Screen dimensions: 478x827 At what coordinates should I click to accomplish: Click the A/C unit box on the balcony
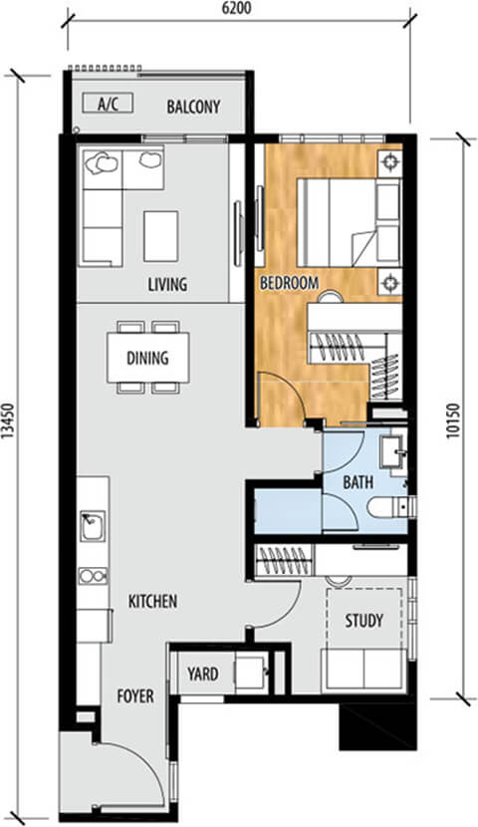(108, 103)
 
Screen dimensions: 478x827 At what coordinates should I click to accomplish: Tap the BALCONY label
(193, 107)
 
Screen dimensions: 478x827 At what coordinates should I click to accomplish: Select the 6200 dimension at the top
(237, 8)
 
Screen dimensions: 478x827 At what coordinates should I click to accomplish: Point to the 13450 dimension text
(7, 420)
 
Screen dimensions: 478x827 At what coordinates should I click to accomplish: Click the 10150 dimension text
(453, 421)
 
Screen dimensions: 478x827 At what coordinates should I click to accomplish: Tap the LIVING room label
(167, 285)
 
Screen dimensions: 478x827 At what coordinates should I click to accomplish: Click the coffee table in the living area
(160, 236)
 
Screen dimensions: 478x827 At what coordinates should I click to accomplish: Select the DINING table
(148, 358)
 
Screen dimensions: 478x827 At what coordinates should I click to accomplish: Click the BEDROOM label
(290, 283)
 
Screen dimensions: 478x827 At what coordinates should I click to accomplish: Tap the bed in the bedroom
(349, 222)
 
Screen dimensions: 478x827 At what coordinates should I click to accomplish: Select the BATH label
(358, 482)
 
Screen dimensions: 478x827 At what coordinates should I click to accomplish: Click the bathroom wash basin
(393, 451)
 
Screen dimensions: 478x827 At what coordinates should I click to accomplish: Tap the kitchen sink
(93, 526)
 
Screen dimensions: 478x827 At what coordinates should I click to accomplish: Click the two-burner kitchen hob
(94, 576)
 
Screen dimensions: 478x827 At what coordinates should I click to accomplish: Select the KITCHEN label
(152, 601)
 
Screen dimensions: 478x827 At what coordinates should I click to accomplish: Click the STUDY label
(364, 621)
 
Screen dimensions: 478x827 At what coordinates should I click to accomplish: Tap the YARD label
(202, 674)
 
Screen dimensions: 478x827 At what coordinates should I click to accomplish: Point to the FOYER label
(135, 696)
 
